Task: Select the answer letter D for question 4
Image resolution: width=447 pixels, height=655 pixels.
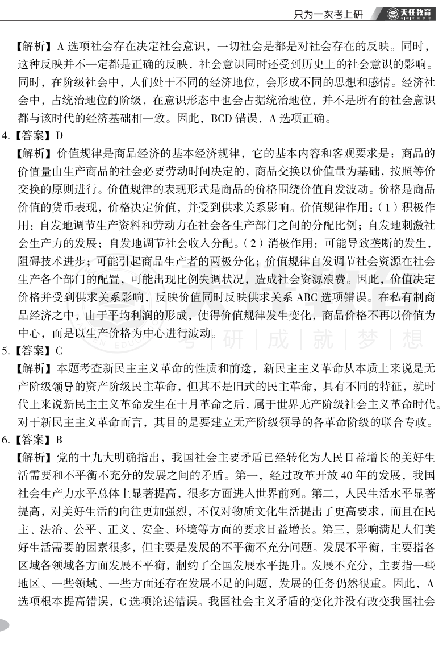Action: [58, 136]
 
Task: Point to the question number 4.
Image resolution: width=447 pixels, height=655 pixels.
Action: [6, 136]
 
